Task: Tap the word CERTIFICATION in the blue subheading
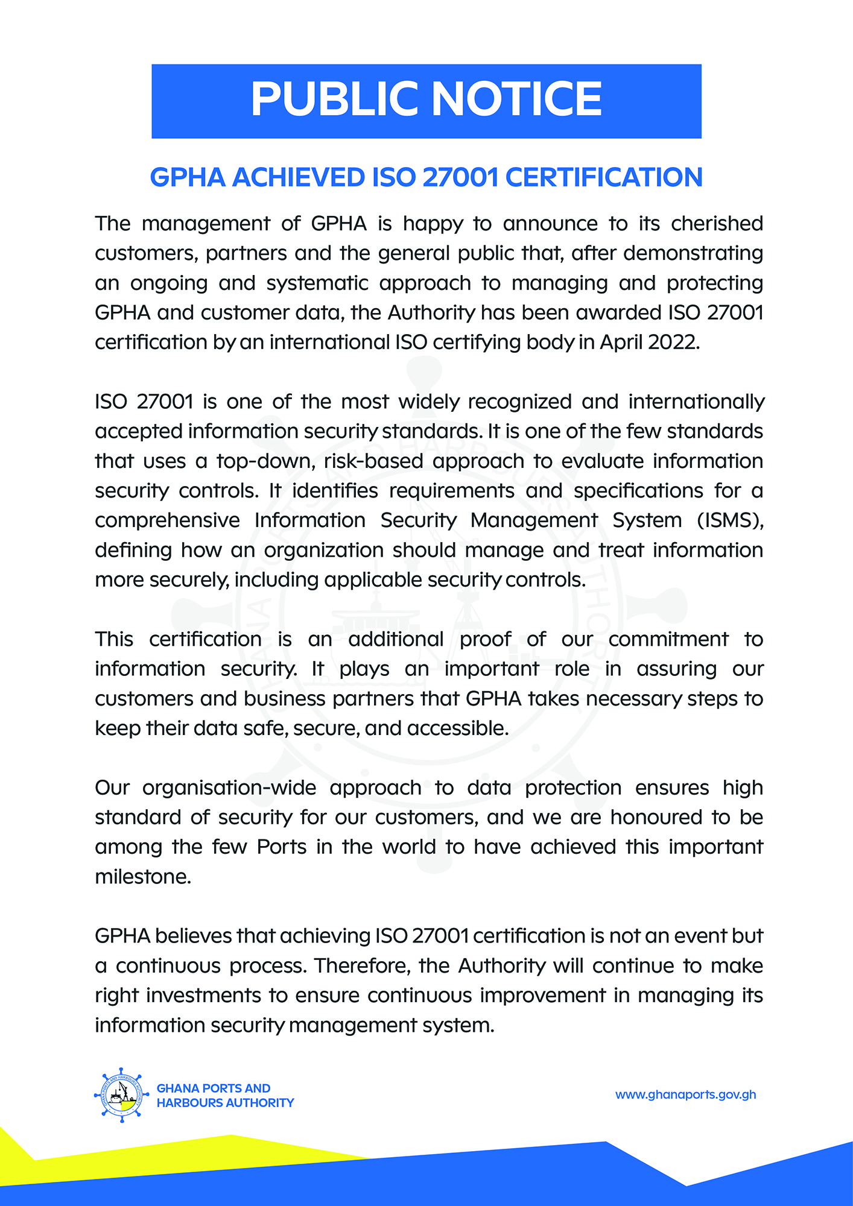tap(603, 177)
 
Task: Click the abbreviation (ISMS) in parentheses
tap(730, 520)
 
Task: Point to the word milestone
tap(142, 877)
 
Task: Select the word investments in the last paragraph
tap(206, 996)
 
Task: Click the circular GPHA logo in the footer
tap(122, 1095)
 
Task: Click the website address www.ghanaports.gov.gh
tap(685, 1094)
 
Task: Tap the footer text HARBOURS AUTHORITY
tap(225, 1103)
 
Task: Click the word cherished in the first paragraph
tap(717, 224)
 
